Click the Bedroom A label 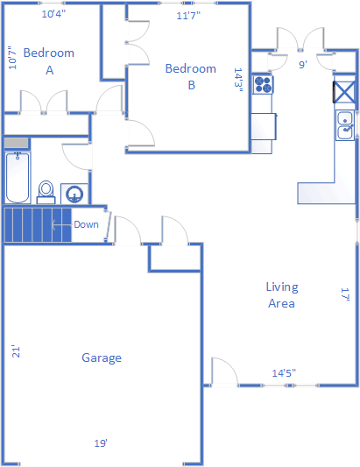(x=49, y=61)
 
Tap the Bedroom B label (x=191, y=77)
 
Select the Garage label (x=102, y=357)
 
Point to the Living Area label (x=282, y=295)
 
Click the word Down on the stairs (x=86, y=224)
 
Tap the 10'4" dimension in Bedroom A (x=53, y=14)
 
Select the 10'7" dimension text (x=12, y=58)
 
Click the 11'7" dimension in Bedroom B (x=188, y=16)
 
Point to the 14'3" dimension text (x=238, y=80)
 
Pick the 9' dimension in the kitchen (x=303, y=65)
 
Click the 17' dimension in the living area (x=345, y=294)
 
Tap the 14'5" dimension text (x=284, y=373)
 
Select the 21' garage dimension (x=16, y=351)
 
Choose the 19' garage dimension (x=101, y=443)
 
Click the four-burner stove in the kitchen (x=264, y=85)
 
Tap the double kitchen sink (x=345, y=125)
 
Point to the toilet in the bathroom (x=46, y=192)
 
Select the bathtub (x=18, y=178)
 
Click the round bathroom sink (x=74, y=194)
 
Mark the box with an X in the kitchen (x=344, y=92)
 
